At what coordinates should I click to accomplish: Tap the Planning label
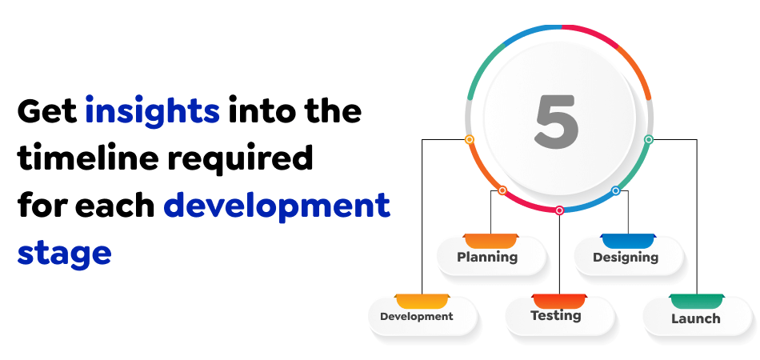(x=487, y=257)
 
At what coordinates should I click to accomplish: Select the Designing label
(x=626, y=258)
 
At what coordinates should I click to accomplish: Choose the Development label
(x=416, y=316)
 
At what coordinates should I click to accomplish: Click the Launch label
(x=695, y=318)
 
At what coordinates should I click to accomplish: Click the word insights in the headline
(x=152, y=111)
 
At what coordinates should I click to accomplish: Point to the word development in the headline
(x=277, y=206)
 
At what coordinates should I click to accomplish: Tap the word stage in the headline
(x=64, y=253)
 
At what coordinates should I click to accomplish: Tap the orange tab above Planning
(x=491, y=240)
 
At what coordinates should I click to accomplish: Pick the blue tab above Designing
(x=628, y=240)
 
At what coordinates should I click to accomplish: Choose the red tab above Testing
(x=559, y=300)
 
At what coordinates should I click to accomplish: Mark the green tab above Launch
(x=697, y=300)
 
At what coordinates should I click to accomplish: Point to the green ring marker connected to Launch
(x=649, y=139)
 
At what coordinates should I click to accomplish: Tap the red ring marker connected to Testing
(x=559, y=210)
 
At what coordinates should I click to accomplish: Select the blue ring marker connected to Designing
(x=615, y=190)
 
